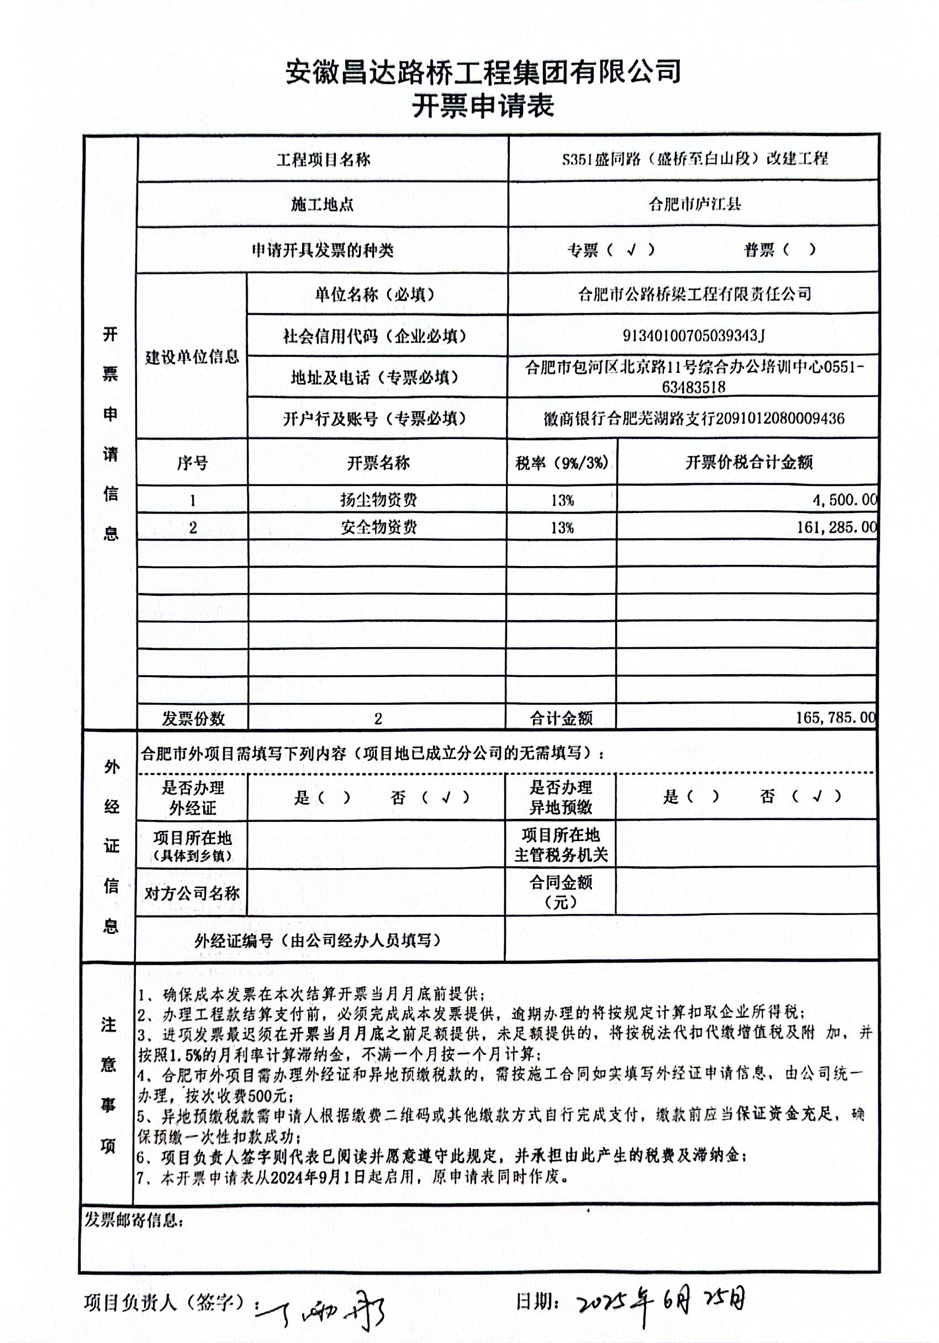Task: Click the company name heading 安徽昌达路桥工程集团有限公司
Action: pos(483,72)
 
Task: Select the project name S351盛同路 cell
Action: pos(694,159)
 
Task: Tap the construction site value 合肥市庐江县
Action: pos(694,204)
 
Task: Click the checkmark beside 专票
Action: pos(631,250)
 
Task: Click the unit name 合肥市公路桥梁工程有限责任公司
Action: pos(694,294)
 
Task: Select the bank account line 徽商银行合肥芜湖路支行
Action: pos(694,418)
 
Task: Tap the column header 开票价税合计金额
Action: pos(749,463)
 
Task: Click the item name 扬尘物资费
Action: pos(378,500)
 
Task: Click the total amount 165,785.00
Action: pos(836,718)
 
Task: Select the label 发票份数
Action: pos(193,718)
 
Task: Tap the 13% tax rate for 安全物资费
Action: pos(562,528)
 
